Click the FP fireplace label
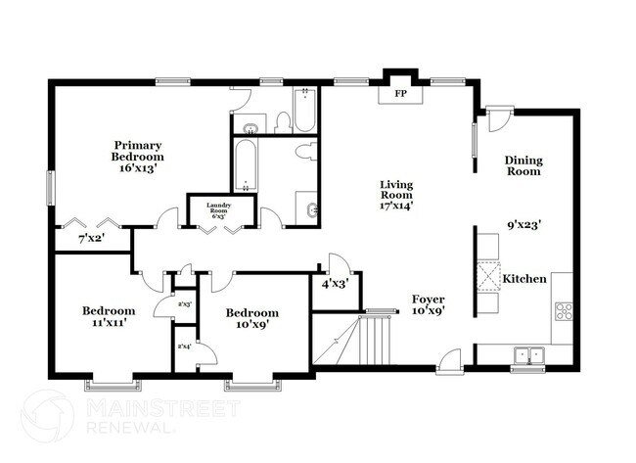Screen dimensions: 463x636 399,94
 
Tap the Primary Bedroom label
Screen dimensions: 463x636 137,151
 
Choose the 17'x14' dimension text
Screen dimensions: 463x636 397,206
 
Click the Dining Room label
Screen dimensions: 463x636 522,165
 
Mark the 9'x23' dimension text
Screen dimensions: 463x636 524,224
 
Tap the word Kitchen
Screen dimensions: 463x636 524,280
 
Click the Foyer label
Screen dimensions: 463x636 428,300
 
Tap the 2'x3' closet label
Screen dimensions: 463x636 184,304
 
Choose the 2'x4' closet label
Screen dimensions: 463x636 184,347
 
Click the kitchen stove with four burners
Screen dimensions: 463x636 564,312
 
